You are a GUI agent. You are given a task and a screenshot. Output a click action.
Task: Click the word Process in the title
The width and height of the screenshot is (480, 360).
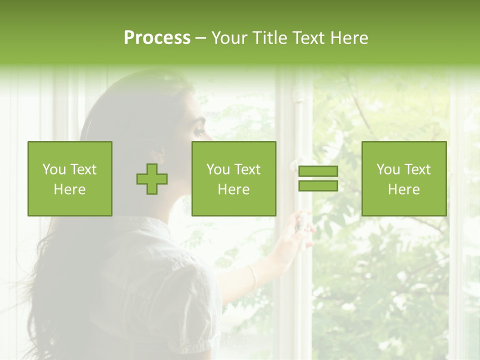tap(157, 38)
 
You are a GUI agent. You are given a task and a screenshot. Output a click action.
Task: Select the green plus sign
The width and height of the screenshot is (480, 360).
tap(152, 179)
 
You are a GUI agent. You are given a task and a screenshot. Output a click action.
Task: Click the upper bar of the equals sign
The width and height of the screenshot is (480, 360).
tap(318, 171)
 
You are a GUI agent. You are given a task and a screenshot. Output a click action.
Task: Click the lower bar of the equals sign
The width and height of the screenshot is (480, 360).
tap(318, 185)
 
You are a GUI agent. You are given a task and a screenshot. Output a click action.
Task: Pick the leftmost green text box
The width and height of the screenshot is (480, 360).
tap(70, 178)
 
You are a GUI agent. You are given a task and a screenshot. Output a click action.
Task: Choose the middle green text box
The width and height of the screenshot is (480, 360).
tap(233, 178)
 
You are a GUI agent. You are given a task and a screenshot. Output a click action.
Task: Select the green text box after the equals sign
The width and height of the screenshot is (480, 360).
tap(404, 178)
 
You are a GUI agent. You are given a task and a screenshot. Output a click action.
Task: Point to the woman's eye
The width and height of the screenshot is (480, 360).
tap(199, 131)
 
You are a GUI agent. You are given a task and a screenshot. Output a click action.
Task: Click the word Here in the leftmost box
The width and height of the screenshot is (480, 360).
tap(69, 189)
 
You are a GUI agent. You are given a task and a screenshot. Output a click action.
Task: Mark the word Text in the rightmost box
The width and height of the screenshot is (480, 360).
tap(417, 169)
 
